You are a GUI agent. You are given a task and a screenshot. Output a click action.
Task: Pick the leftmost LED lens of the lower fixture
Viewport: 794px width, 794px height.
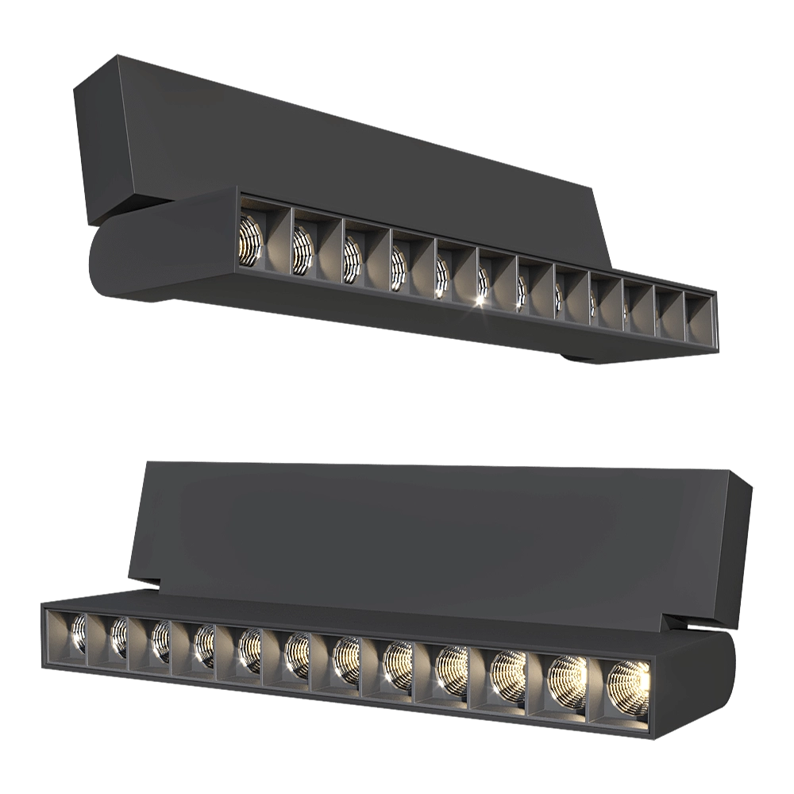(x=78, y=633)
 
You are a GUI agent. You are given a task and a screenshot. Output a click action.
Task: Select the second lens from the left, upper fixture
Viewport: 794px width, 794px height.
(x=303, y=249)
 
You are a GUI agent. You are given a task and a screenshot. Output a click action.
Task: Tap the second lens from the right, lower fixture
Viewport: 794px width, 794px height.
(x=566, y=676)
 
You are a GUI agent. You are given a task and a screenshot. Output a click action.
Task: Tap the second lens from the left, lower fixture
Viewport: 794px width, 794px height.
(x=118, y=636)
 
